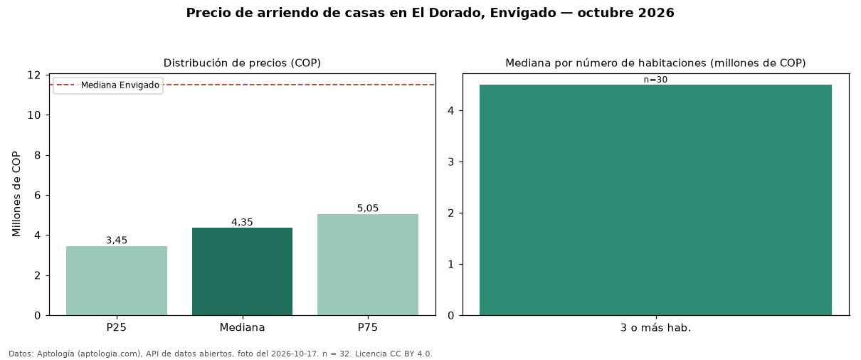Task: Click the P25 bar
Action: click(117, 281)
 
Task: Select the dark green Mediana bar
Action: click(242, 272)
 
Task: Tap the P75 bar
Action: click(368, 265)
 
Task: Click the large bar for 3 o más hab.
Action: click(655, 200)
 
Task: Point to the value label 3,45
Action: click(117, 240)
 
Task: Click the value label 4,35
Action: click(242, 222)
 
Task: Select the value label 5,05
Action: click(368, 208)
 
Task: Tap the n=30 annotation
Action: click(655, 80)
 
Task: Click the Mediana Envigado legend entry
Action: click(108, 85)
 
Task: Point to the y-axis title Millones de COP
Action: click(16, 194)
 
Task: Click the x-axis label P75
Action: click(368, 327)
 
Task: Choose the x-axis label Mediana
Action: click(242, 327)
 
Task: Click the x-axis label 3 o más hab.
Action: click(655, 328)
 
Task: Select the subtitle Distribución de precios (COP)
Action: click(242, 63)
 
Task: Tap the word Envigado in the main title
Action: click(523, 13)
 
